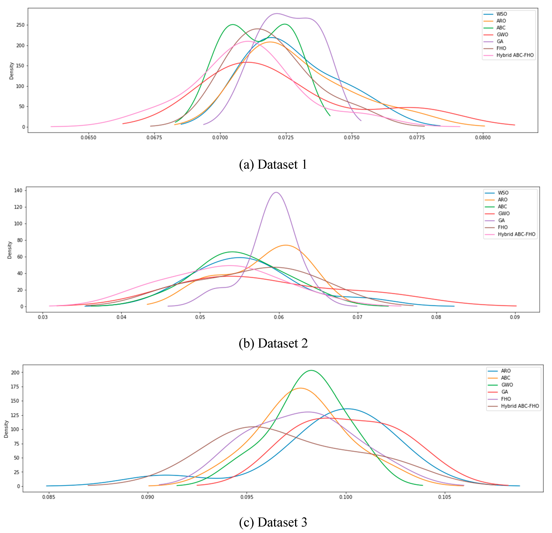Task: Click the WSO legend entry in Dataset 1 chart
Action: [501, 14]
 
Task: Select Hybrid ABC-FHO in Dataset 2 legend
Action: [516, 234]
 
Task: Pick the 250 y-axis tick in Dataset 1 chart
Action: [20, 25]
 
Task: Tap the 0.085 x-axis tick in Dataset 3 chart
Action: [49, 505]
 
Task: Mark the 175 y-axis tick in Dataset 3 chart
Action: [15, 387]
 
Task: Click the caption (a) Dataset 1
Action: [273, 164]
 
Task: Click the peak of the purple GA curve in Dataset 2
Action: [276, 192]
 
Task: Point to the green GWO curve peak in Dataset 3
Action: [311, 370]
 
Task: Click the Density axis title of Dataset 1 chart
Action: [12, 71]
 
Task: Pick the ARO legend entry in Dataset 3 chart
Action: [506, 371]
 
